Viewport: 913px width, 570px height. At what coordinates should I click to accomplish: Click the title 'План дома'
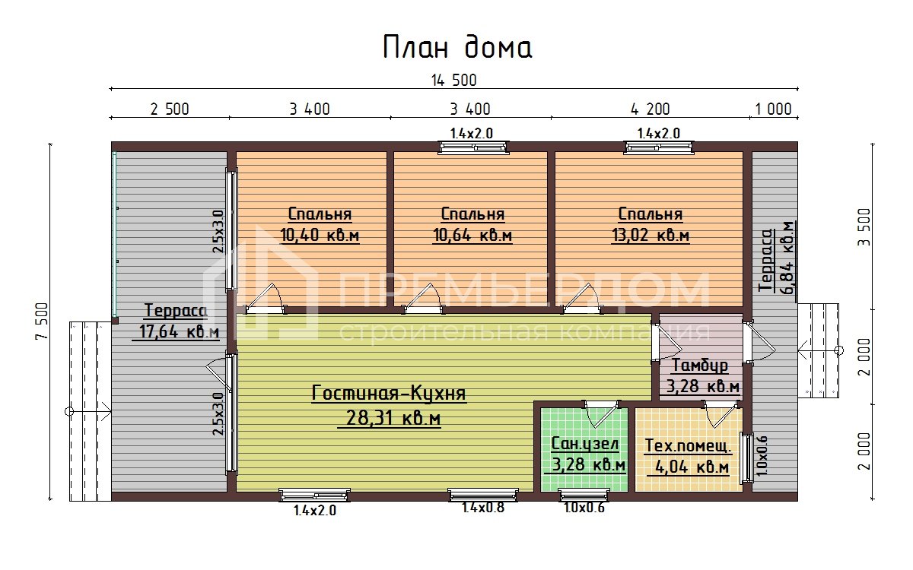(456, 47)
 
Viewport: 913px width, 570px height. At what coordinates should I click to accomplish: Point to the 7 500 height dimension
(43, 320)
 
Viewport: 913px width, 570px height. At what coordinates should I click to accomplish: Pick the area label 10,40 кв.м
(320, 235)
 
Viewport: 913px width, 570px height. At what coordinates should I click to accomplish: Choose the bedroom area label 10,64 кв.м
(472, 235)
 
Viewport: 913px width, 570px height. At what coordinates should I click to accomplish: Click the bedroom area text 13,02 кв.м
(651, 235)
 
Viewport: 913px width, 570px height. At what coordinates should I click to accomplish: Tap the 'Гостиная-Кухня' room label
(389, 394)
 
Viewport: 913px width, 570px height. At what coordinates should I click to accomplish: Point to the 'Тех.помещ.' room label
(688, 445)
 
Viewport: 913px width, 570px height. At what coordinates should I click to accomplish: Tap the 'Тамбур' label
(700, 366)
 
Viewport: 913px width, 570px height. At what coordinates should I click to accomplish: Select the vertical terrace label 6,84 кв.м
(788, 257)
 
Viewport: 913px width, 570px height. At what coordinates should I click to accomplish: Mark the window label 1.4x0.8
(483, 508)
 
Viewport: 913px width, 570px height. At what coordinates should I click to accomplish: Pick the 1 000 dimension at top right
(773, 109)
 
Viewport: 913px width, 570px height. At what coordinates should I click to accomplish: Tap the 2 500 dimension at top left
(169, 109)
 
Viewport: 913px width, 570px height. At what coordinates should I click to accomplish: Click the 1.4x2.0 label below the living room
(315, 511)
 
